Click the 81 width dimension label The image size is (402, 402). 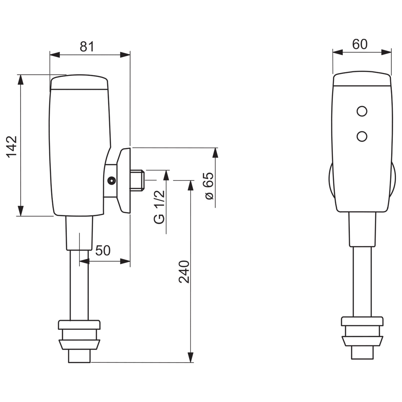86,47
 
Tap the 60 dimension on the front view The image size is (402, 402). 360,44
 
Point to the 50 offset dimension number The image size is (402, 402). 103,250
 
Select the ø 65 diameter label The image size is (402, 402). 208,186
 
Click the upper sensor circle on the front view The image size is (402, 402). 362,111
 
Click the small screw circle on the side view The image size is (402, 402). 111,181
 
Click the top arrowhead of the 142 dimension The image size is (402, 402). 21,79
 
